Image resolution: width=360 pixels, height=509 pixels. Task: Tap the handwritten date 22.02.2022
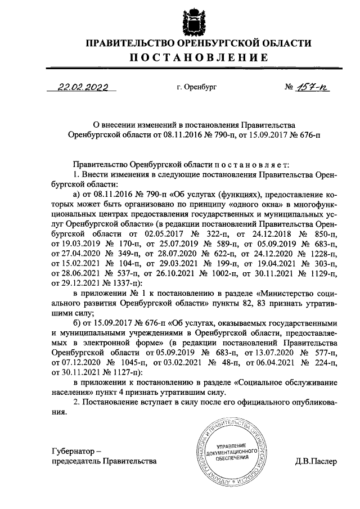[83, 88]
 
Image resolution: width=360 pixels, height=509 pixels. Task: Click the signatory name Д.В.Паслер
[316, 462]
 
